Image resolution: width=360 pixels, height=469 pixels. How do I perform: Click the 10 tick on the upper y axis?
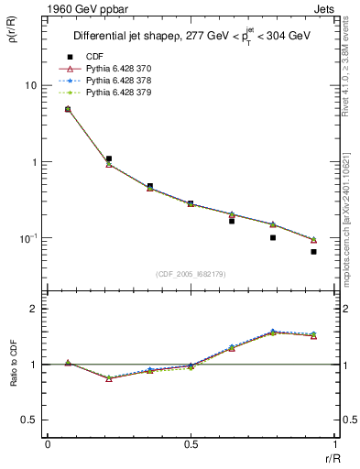click(x=30, y=85)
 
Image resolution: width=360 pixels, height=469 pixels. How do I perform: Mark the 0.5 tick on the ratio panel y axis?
click(x=28, y=420)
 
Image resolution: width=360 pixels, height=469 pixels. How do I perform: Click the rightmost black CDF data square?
click(x=313, y=251)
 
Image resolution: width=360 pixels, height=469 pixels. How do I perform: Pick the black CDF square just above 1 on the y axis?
click(x=108, y=158)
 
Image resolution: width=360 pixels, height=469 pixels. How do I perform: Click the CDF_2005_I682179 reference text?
click(x=191, y=273)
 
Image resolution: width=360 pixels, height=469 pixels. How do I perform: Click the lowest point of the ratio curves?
click(x=109, y=378)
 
